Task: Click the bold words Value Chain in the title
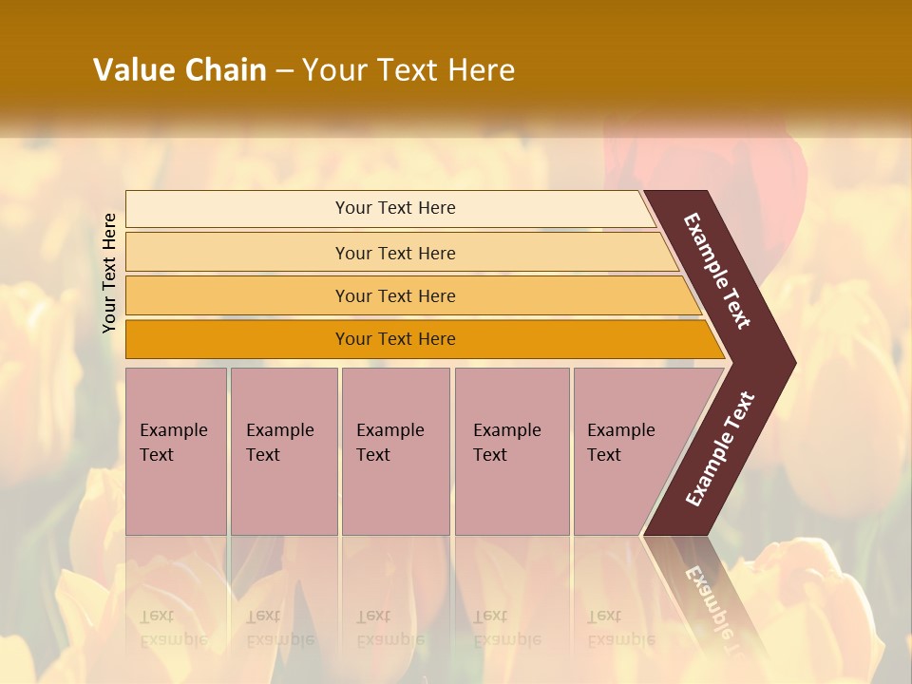180,70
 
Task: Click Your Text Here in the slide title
408,70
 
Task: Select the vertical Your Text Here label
109,273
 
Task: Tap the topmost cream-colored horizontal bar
237,208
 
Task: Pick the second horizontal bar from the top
237,253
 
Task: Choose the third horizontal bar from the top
237,295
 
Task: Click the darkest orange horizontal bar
237,339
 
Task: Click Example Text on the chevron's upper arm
717,271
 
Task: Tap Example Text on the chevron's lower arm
720,448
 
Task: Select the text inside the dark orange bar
395,339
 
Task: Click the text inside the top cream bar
395,208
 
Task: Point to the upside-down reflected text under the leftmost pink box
173,627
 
